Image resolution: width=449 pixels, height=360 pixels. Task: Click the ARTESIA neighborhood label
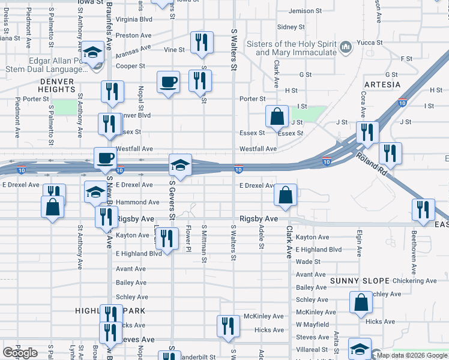click(x=382, y=85)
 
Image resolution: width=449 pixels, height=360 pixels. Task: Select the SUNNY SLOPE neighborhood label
click(x=360, y=281)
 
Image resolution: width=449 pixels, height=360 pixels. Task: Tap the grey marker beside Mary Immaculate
click(x=346, y=47)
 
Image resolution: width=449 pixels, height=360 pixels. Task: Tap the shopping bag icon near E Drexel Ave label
click(x=286, y=194)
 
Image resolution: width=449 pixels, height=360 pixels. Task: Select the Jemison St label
click(x=305, y=11)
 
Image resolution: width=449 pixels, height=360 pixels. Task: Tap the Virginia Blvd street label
click(x=134, y=19)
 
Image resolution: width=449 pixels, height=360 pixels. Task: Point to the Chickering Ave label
click(x=415, y=281)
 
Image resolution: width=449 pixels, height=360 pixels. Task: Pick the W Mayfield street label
click(x=313, y=325)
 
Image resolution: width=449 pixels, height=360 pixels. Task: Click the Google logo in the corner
click(x=20, y=353)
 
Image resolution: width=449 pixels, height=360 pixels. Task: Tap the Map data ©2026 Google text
click(x=412, y=355)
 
